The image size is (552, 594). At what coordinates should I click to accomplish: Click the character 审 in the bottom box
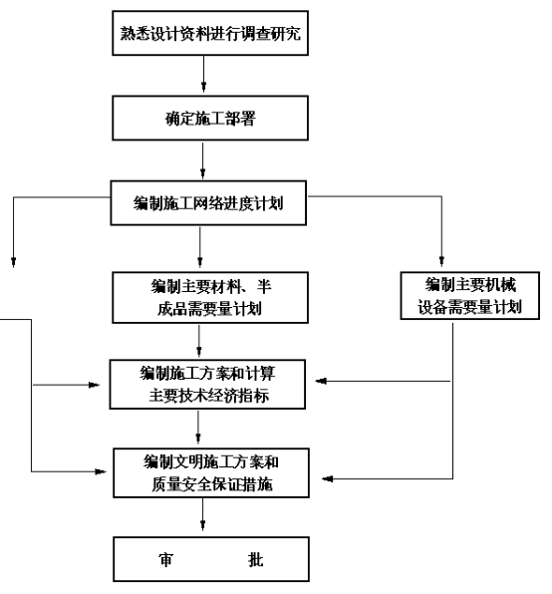(x=165, y=559)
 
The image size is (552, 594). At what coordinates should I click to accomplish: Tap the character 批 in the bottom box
(x=256, y=559)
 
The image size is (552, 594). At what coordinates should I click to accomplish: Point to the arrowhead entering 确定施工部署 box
(x=203, y=87)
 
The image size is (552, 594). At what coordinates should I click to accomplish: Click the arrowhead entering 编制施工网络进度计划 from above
(x=202, y=172)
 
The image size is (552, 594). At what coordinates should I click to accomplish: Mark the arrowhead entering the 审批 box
(x=202, y=524)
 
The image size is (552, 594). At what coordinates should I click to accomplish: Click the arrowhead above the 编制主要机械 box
(x=441, y=261)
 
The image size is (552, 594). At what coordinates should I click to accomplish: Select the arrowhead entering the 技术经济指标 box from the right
(x=321, y=381)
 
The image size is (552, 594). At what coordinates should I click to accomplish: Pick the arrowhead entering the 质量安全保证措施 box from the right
(x=328, y=478)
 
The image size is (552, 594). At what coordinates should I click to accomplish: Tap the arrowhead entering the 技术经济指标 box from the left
(x=94, y=385)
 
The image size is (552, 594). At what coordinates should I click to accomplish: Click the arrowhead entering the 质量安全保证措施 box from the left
(x=101, y=471)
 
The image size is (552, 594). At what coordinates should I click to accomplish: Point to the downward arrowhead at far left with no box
(x=14, y=262)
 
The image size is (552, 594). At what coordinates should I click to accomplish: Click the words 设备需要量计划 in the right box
(x=470, y=307)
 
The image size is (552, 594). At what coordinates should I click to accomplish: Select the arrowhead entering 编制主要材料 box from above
(x=200, y=261)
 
